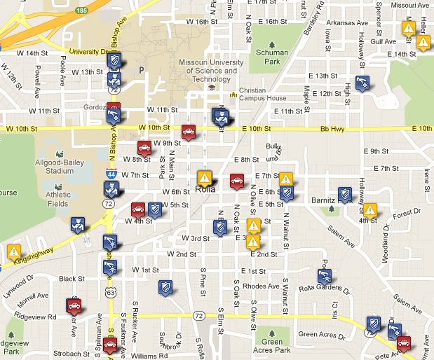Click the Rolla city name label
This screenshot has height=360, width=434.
205,189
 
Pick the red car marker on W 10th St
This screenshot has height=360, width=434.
188,131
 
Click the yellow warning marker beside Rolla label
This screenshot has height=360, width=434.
204,177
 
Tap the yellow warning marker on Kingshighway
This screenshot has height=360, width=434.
14,251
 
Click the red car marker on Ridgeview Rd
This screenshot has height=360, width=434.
74,305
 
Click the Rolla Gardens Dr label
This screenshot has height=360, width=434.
334,284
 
